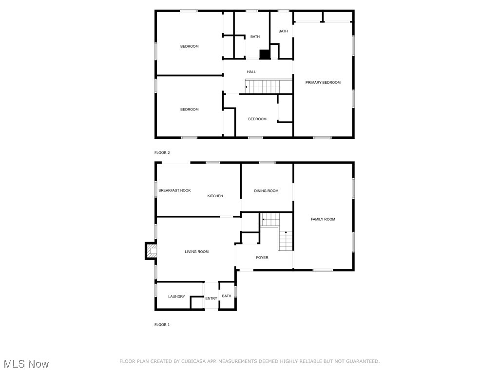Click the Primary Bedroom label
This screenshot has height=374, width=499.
pyautogui.click(x=323, y=83)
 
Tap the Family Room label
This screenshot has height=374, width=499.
pyautogui.click(x=323, y=220)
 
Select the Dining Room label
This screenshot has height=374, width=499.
pyautogui.click(x=266, y=191)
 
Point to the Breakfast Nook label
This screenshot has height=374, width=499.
pyautogui.click(x=174, y=191)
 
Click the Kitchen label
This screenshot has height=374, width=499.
pyautogui.click(x=215, y=196)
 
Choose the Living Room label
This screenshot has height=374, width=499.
pyautogui.click(x=196, y=252)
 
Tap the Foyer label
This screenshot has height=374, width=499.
pyautogui.click(x=262, y=258)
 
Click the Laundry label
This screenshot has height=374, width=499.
pyautogui.click(x=176, y=297)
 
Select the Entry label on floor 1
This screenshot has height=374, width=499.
pyautogui.click(x=211, y=299)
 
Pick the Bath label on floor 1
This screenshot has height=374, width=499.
pyautogui.click(x=227, y=296)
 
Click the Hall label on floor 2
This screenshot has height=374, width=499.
pyautogui.click(x=251, y=72)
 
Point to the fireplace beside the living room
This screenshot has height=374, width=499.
pyautogui.click(x=152, y=251)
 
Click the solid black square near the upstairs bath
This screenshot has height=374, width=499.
pyautogui.click(x=265, y=54)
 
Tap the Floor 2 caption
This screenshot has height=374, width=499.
pyautogui.click(x=162, y=153)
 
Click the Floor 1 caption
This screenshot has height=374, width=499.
pyautogui.click(x=162, y=325)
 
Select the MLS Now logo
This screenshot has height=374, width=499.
pyautogui.click(x=26, y=364)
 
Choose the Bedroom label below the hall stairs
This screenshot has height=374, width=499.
pyautogui.click(x=257, y=119)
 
